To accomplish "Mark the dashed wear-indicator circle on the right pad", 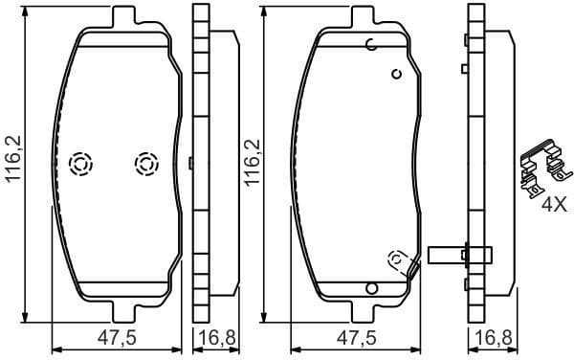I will tap(396, 259).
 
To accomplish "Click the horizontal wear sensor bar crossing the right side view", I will tap(461, 254).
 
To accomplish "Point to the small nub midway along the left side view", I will tap(192, 164).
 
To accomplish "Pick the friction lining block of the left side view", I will tap(224, 163).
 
